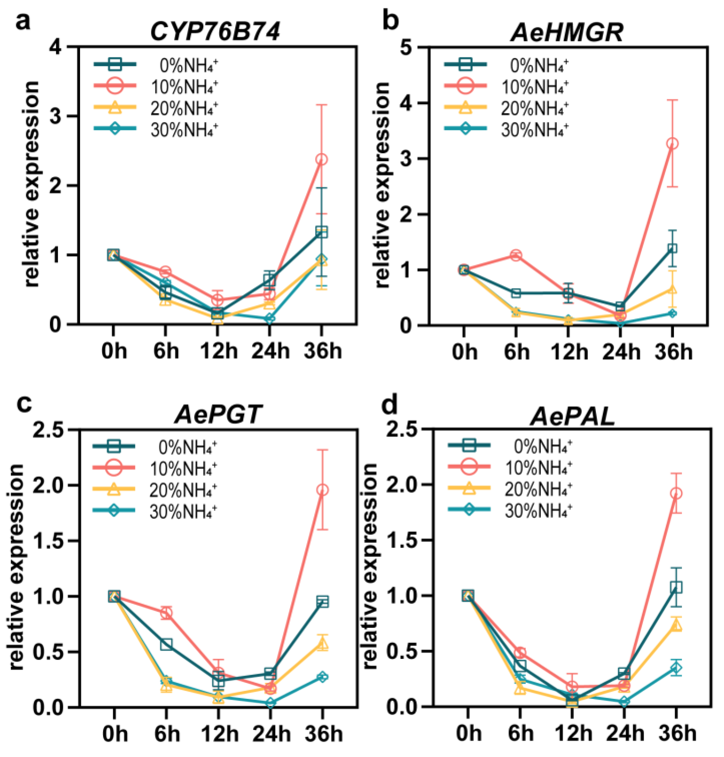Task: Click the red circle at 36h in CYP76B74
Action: [x=321, y=159]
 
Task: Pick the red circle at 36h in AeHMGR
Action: [x=672, y=143]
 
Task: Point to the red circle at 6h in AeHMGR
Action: [x=516, y=255]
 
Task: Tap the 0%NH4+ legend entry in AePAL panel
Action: [x=542, y=447]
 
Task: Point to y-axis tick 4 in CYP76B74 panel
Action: [x=57, y=47]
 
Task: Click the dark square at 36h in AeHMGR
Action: [x=672, y=248]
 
